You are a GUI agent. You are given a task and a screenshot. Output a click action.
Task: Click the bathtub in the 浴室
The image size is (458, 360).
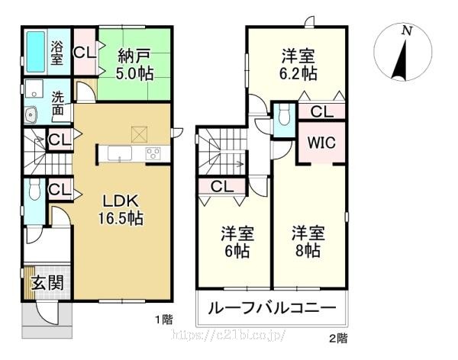point(36,52)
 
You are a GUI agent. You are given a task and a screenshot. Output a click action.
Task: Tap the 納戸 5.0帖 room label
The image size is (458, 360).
point(134,65)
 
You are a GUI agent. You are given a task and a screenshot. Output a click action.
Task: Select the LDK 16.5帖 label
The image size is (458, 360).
point(121,209)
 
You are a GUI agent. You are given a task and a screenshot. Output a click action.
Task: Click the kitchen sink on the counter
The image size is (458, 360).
point(119,153)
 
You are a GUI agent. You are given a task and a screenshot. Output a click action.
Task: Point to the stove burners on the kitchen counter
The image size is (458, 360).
point(153,153)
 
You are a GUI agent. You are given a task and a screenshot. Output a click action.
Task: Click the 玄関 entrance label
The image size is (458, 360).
point(47,283)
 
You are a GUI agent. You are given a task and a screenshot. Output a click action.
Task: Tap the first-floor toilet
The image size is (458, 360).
point(34,189)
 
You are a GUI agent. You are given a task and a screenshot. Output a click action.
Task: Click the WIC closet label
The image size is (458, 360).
point(321,143)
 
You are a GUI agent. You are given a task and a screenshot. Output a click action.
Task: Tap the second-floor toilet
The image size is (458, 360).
point(284,114)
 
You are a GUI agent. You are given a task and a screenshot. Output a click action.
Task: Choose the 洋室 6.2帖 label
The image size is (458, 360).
point(298,65)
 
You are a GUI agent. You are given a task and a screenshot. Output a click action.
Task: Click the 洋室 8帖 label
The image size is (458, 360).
point(308,241)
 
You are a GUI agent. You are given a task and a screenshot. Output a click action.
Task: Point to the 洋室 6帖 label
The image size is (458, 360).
point(237,241)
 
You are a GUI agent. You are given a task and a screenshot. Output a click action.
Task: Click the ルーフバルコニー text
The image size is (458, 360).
point(272,308)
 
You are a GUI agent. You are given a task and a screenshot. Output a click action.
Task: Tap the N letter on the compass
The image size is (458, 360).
point(407,31)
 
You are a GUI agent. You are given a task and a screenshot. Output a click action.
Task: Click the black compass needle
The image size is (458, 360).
point(400,60)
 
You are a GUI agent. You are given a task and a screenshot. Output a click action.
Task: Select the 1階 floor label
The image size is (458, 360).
point(163,320)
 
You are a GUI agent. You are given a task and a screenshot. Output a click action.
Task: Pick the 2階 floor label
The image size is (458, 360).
point(339,339)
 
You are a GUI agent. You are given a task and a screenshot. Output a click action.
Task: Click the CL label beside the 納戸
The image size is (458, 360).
point(85,53)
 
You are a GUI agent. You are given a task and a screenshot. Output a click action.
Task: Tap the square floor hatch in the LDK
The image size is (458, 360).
point(140,134)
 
